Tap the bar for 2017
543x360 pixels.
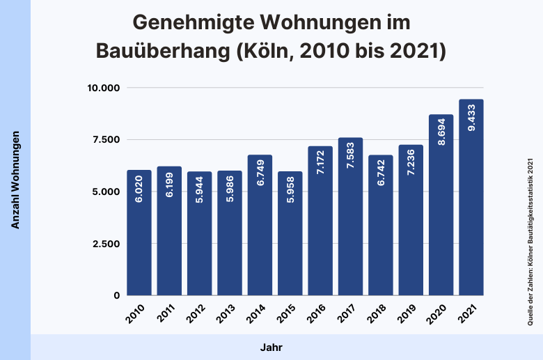pos(350,217)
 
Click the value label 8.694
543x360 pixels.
pos(441,132)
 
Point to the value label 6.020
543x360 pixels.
pos(139,187)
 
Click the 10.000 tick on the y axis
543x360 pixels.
pos(104,88)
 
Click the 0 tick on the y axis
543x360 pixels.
pos(117,296)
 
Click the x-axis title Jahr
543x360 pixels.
pos(271,347)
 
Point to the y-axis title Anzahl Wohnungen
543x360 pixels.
pos(15,180)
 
